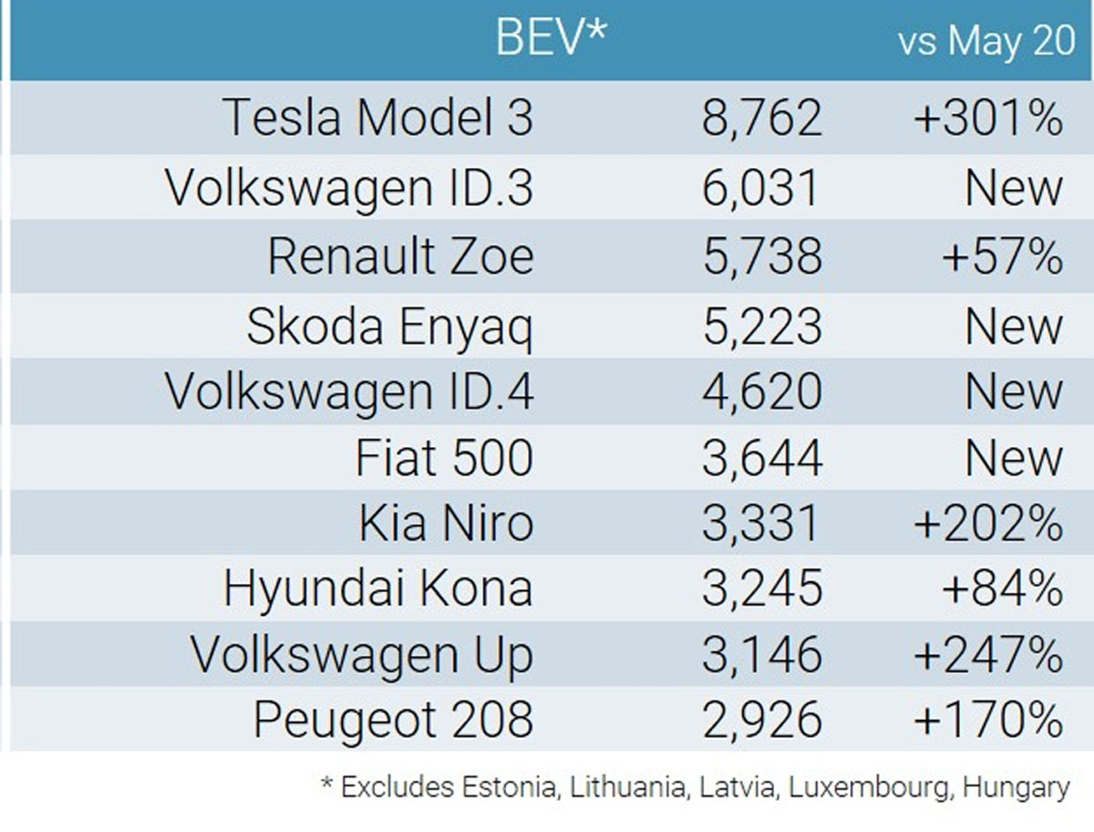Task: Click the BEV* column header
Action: click(551, 38)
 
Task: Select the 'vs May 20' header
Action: click(986, 42)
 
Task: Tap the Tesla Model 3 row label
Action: click(378, 119)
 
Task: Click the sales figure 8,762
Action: click(761, 119)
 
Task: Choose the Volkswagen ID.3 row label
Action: click(349, 188)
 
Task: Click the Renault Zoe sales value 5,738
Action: click(761, 256)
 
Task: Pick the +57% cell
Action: click(1002, 256)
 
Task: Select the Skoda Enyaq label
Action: click(389, 326)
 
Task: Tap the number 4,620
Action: click(761, 391)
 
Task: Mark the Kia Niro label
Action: click(446, 524)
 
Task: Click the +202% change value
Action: click(988, 524)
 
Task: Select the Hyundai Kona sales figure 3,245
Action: click(761, 589)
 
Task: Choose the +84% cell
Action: click(1002, 589)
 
